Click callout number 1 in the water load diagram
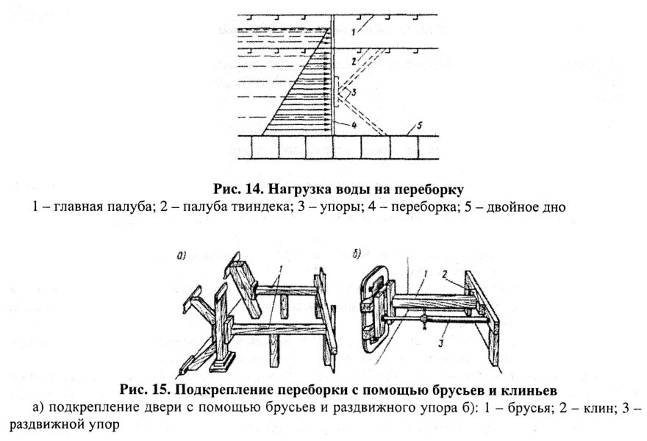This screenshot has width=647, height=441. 353,31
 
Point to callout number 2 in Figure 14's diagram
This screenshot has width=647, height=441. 354,61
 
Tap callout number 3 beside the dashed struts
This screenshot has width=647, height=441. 354,93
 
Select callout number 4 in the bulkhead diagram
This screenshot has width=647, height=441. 354,124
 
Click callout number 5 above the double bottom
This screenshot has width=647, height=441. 420,126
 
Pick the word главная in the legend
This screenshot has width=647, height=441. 80,207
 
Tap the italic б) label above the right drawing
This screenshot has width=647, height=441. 357,254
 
